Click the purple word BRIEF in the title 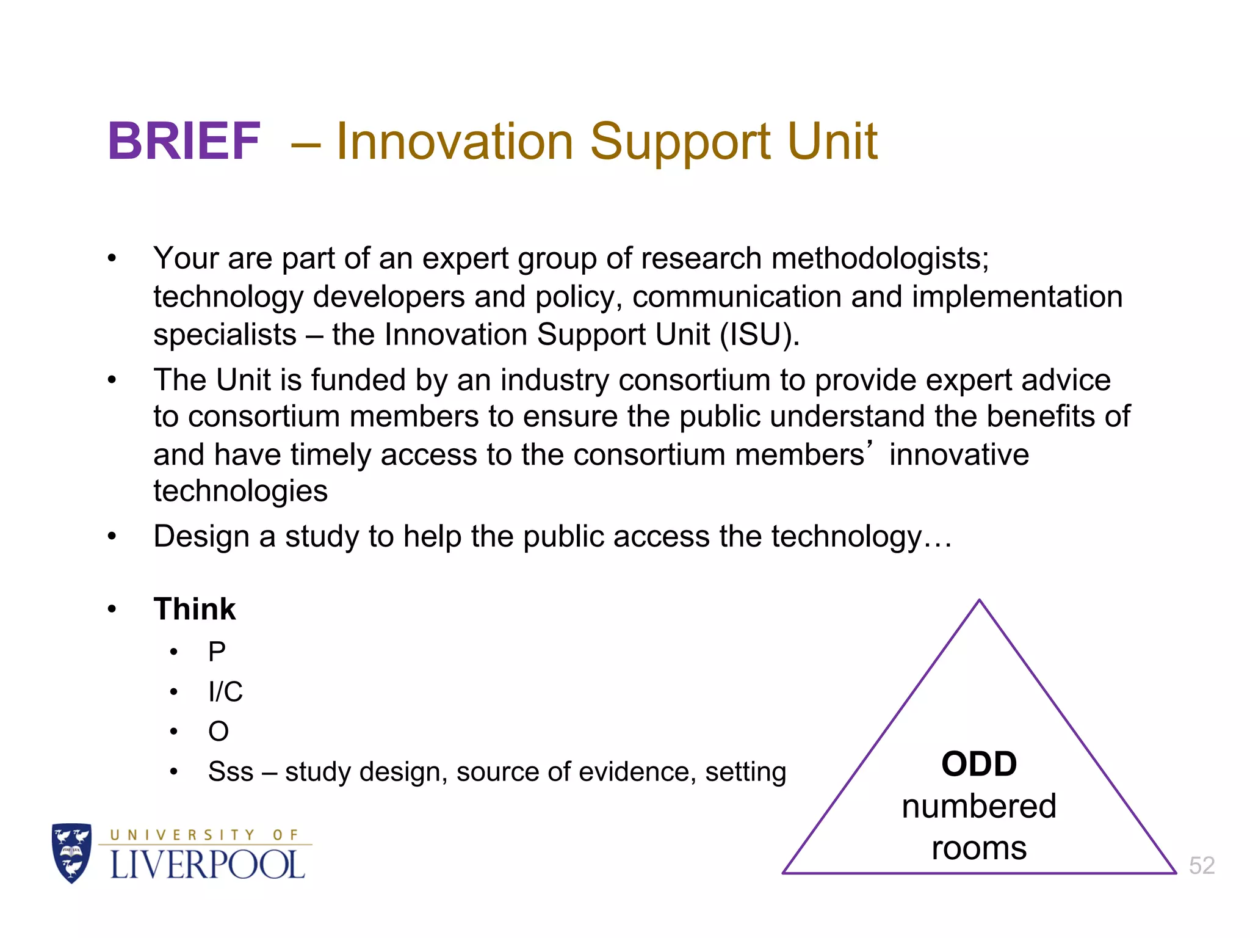[184, 142]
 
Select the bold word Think [194, 609]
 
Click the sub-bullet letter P [217, 652]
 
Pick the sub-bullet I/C [225, 692]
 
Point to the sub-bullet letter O [219, 732]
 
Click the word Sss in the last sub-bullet [230, 771]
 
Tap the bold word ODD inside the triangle [979, 764]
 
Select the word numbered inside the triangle [979, 806]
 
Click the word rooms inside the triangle [979, 848]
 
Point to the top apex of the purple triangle [979, 601]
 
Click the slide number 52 [1201, 865]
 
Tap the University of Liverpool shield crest [72, 853]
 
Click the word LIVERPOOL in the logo [207, 865]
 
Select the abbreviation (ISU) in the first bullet [759, 335]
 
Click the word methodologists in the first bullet [880, 258]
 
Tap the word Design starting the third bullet [201, 537]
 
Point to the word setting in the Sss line [745, 773]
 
